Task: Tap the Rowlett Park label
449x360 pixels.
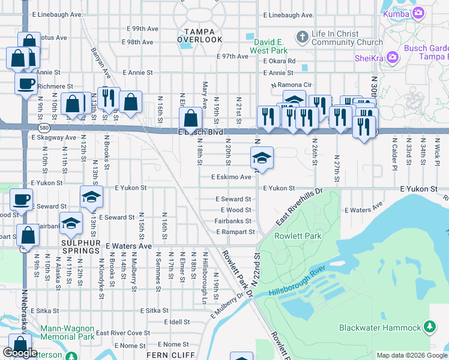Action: point(298,236)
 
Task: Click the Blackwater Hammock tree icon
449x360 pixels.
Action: point(430,327)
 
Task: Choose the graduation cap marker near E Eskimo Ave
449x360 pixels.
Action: point(261,158)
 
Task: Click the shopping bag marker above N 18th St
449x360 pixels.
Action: point(190,118)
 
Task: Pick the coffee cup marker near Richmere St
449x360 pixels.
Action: point(25,83)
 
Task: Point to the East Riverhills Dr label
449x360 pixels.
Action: point(300,205)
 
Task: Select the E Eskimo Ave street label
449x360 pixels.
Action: point(231,177)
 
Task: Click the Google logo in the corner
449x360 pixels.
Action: point(20,353)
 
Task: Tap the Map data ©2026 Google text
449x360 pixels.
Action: point(412,355)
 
